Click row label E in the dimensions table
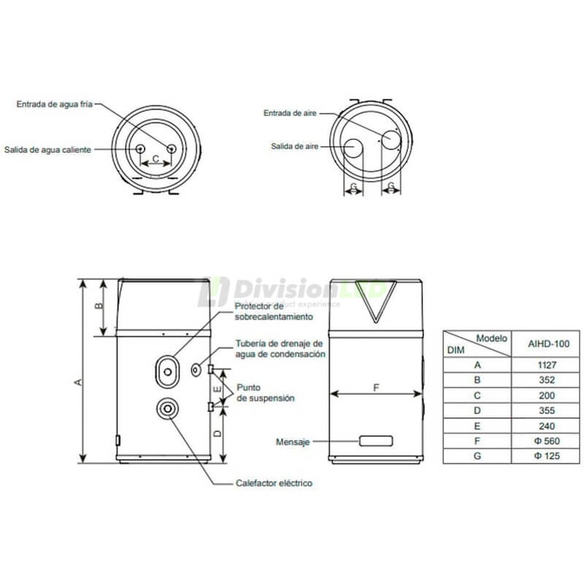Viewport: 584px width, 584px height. click(x=477, y=426)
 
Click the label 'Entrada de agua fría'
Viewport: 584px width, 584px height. click(x=55, y=105)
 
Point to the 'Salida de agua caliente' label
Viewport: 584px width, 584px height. click(x=47, y=150)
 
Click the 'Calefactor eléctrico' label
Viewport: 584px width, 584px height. click(x=274, y=483)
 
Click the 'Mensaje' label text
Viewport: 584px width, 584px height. click(x=293, y=442)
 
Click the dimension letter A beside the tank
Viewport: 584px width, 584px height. click(x=77, y=380)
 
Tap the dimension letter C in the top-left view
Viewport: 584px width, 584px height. click(x=155, y=158)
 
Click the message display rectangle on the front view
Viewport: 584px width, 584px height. click(x=374, y=442)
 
